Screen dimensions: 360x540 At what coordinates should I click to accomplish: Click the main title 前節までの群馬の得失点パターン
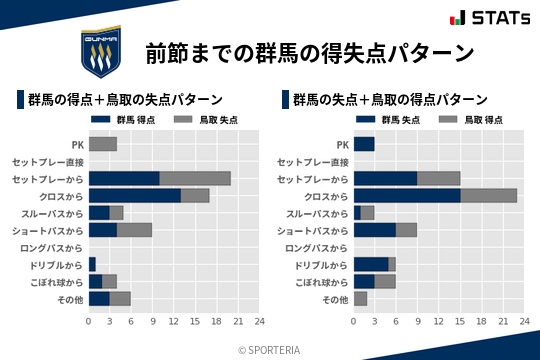pos(310,52)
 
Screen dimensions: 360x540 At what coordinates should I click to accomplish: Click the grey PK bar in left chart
pos(103,144)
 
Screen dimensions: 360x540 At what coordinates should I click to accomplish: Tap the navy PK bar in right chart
pos(364,144)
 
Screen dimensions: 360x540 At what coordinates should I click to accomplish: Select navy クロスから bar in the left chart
pos(135,195)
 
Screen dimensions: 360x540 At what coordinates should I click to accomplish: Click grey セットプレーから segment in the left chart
pos(195,178)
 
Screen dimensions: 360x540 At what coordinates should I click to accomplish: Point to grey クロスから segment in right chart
pos(489,195)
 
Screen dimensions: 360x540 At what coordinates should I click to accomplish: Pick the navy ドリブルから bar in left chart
pos(92,264)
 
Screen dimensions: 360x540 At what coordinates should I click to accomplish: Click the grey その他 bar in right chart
pos(360,298)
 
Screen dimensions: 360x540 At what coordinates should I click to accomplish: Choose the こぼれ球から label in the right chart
pos(317,281)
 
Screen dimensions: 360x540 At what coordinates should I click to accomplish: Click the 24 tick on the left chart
pos(259,322)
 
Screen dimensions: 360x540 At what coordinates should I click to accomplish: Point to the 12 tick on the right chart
pos(439,322)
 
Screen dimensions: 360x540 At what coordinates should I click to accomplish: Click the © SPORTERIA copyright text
pos(270,349)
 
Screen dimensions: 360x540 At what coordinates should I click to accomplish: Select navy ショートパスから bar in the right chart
pos(375,230)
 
